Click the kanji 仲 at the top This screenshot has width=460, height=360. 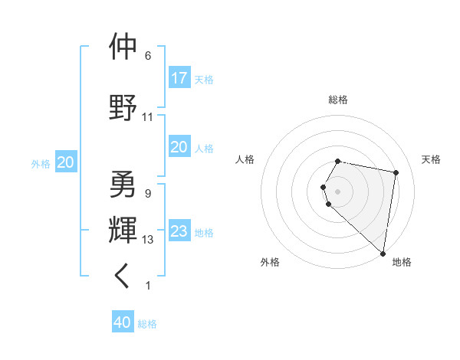(x=123, y=47)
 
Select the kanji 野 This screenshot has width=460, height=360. (x=123, y=105)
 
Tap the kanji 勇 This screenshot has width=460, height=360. (x=123, y=185)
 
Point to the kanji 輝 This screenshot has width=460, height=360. (x=123, y=229)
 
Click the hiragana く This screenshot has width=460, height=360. (x=123, y=277)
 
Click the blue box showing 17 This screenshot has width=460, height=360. (x=179, y=78)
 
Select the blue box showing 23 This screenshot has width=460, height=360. (x=179, y=231)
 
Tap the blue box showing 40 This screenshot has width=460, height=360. (x=123, y=322)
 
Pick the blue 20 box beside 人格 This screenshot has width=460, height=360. (x=179, y=147)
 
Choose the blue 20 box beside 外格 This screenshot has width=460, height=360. (x=66, y=162)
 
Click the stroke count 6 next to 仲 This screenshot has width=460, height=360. (x=148, y=56)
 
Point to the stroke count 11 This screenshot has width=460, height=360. (x=148, y=117)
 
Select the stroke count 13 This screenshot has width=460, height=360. (x=148, y=240)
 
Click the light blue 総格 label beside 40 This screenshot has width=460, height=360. (x=148, y=324)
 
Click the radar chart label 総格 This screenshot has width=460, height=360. (x=338, y=100)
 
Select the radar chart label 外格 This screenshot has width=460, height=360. (x=270, y=262)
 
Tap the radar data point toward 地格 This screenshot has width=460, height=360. (x=383, y=253)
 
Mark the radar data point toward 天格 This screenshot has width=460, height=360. (x=396, y=173)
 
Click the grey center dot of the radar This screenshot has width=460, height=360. (x=338, y=191)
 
